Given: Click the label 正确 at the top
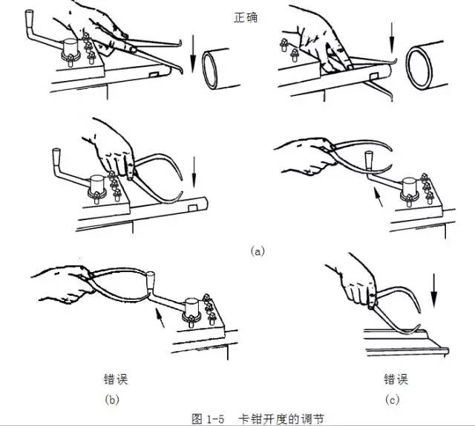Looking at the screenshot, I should pos(245,16).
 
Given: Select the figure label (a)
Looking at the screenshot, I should pos(258,251).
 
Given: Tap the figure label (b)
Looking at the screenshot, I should pos(114,399).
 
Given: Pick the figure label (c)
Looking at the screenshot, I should pos(393,399).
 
